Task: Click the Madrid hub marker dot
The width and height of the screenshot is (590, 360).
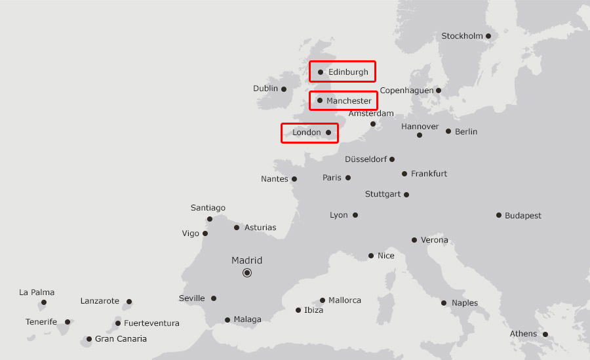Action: click(247, 273)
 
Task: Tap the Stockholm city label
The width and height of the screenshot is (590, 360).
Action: click(462, 36)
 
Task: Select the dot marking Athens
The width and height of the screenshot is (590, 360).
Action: click(545, 334)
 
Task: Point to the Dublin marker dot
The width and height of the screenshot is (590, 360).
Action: click(284, 89)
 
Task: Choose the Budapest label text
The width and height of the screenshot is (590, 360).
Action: click(523, 216)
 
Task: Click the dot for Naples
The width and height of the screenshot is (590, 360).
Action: click(444, 303)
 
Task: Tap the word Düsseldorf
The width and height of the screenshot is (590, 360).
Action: click(366, 159)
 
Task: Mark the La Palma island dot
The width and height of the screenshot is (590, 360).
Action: click(44, 302)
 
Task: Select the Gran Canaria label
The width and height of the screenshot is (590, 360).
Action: click(121, 339)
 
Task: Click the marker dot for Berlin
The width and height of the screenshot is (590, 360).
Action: click(448, 131)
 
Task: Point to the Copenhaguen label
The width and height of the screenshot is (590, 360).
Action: click(406, 90)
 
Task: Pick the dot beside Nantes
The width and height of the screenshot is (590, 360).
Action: click(294, 179)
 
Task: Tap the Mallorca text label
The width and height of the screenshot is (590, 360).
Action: click(345, 300)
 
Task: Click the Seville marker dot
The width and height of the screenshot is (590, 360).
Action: click(214, 298)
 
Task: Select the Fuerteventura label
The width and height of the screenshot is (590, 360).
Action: click(151, 323)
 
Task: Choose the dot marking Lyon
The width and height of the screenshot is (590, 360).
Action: click(355, 215)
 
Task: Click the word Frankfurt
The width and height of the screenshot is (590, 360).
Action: click(429, 174)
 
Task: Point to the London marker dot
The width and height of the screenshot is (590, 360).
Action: click(328, 132)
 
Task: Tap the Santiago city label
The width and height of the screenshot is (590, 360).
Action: click(208, 208)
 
